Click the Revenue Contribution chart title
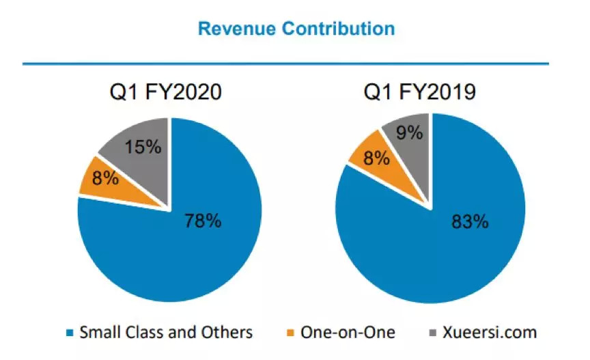pyautogui.click(x=295, y=29)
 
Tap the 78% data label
pyautogui.click(x=203, y=220)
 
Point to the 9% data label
pyautogui.click(x=410, y=132)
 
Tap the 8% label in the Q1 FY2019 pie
pyautogui.click(x=376, y=159)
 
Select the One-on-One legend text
pyautogui.click(x=351, y=333)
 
